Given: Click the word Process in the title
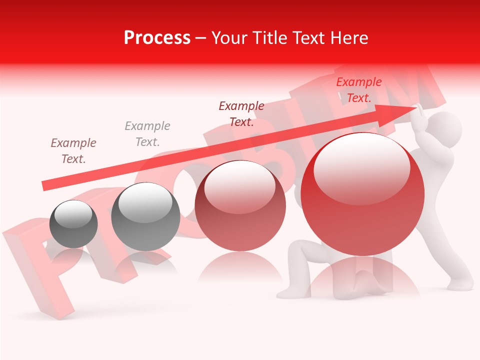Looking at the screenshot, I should [157, 38].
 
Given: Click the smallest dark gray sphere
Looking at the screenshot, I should [73, 224].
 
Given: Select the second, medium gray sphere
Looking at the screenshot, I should [145, 216].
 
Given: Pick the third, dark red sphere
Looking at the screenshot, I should [240, 206].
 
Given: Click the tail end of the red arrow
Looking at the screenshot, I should [43, 186].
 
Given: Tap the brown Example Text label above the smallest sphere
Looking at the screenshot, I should [73, 151].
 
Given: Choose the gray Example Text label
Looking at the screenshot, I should [147, 134].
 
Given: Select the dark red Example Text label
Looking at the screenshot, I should [241, 114].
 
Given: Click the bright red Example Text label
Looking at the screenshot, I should [359, 90].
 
